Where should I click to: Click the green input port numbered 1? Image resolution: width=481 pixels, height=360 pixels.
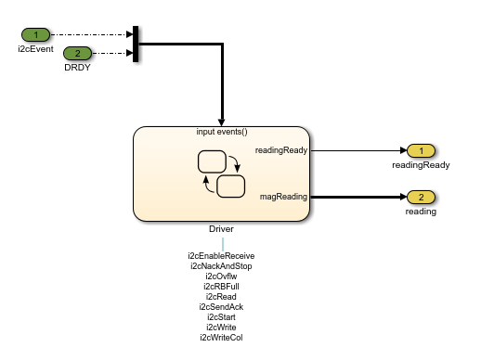coord(36,35)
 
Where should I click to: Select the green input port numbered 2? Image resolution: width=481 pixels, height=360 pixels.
coord(78,53)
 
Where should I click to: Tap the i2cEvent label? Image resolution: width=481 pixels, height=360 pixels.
coord(36,48)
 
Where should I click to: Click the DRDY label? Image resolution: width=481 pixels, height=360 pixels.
coord(78,67)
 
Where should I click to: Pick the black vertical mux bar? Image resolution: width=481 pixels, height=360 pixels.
coord(136,44)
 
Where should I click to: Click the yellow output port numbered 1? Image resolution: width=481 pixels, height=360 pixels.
coord(421,150)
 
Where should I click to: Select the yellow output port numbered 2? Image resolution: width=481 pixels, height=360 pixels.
coord(421,197)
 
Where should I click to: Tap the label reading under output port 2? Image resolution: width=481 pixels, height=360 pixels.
coord(421,212)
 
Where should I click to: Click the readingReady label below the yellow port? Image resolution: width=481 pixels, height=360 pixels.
coord(421,165)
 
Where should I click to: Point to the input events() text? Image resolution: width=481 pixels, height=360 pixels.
coord(222,132)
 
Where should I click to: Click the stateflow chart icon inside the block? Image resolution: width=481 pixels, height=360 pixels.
coord(221,173)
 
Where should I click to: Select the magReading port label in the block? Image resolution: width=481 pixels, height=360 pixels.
coord(283,196)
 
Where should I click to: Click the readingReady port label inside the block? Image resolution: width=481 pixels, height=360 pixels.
coord(280,149)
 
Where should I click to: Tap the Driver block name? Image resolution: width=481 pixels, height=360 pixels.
coord(221,228)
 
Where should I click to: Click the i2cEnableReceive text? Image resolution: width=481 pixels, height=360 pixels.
coord(221,255)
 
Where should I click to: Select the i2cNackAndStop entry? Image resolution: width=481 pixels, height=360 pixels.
coord(221,265)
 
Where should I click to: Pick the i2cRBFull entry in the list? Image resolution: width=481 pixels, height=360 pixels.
coord(221,286)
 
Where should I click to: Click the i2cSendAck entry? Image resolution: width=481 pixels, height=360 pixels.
coord(221,306)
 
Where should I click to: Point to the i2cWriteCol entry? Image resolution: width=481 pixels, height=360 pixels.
coord(221,337)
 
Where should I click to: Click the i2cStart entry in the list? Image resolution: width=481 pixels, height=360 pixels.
coord(221,316)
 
